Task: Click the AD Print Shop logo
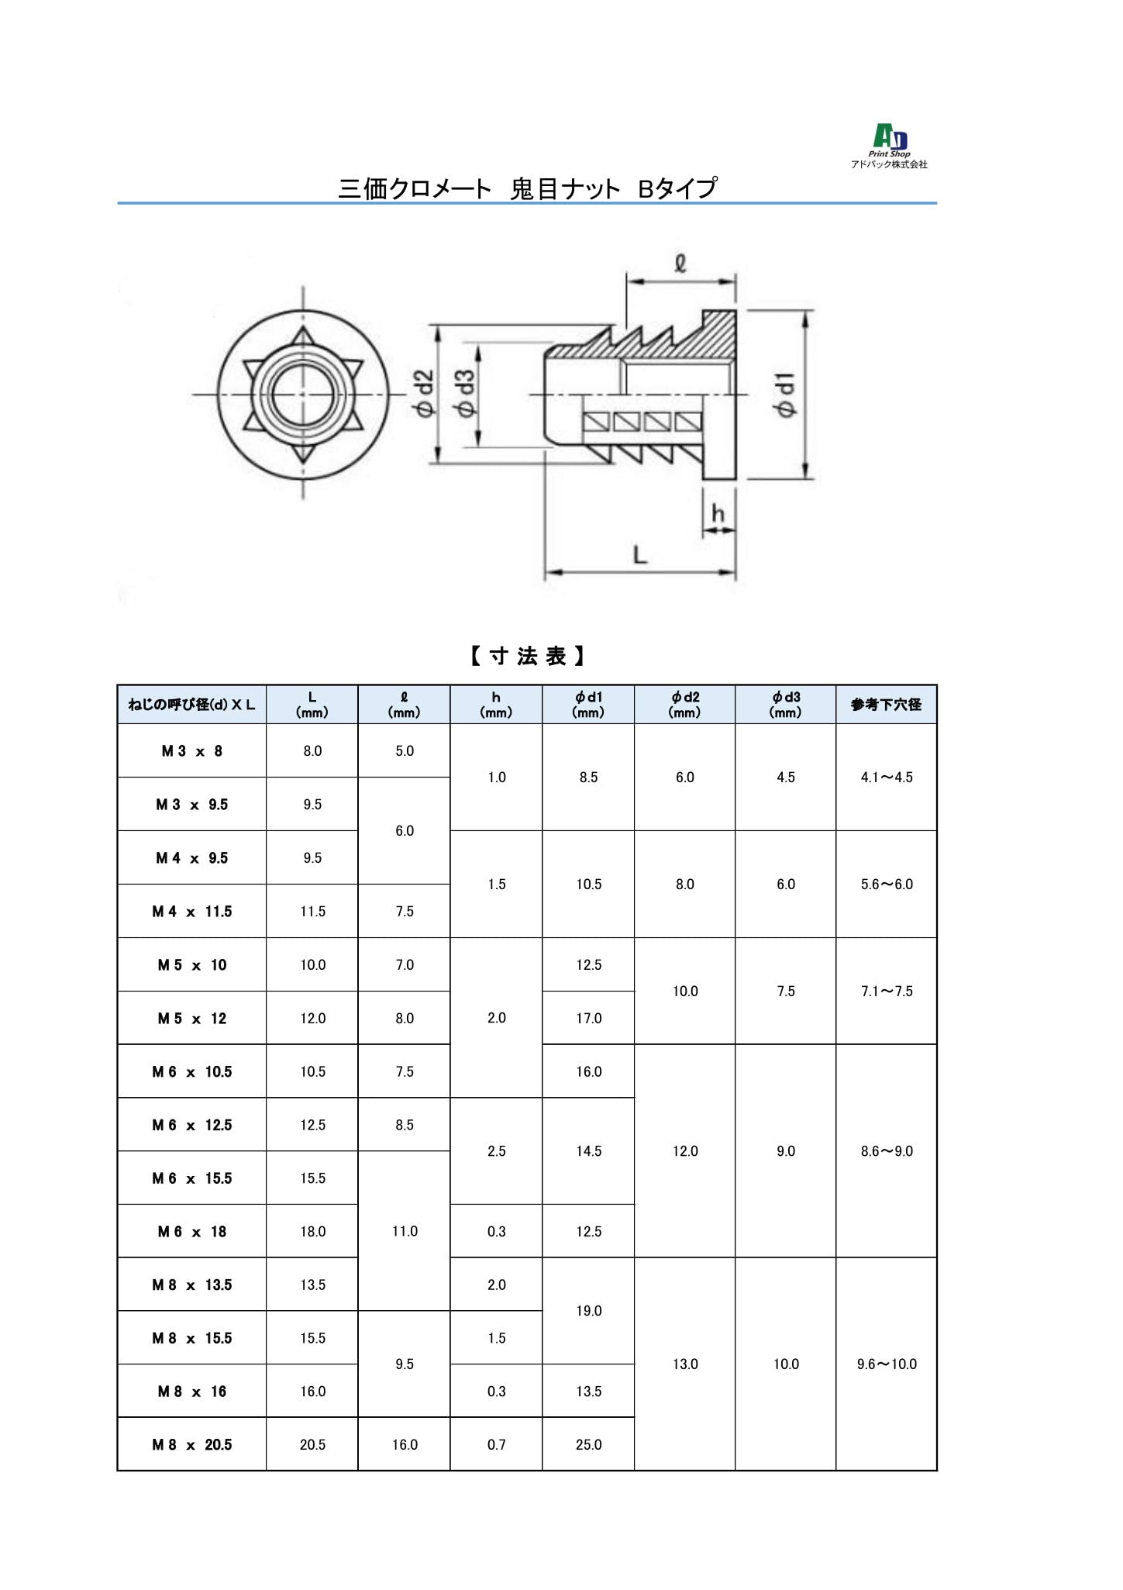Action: click(890, 145)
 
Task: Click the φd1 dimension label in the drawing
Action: click(787, 395)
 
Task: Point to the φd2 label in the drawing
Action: click(425, 395)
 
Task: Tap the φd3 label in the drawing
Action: click(466, 394)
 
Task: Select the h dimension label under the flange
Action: click(718, 513)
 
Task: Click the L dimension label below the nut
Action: click(640, 555)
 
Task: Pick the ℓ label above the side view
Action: click(680, 264)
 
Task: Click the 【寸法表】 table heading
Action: click(527, 657)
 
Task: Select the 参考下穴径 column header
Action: click(886, 705)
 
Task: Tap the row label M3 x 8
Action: click(191, 751)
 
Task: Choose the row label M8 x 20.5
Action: click(191, 1445)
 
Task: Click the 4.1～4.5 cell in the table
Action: click(887, 778)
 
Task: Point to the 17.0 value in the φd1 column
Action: click(588, 1019)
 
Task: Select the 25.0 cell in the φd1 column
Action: click(588, 1445)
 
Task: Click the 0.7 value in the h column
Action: click(496, 1445)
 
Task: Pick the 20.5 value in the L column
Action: click(312, 1445)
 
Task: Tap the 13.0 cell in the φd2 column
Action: click(684, 1364)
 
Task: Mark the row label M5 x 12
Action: click(191, 1019)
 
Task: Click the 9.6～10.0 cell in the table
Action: click(887, 1364)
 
